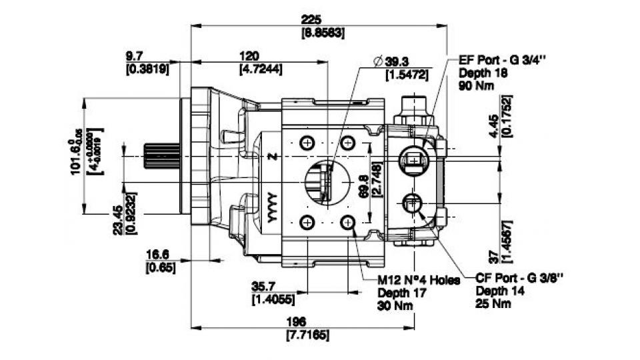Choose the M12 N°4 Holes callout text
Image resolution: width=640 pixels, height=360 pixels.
point(418,281)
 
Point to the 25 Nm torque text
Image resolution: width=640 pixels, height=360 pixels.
point(494,304)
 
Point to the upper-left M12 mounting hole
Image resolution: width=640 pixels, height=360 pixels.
point(307,143)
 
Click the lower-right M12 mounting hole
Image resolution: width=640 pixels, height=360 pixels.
point(347,222)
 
